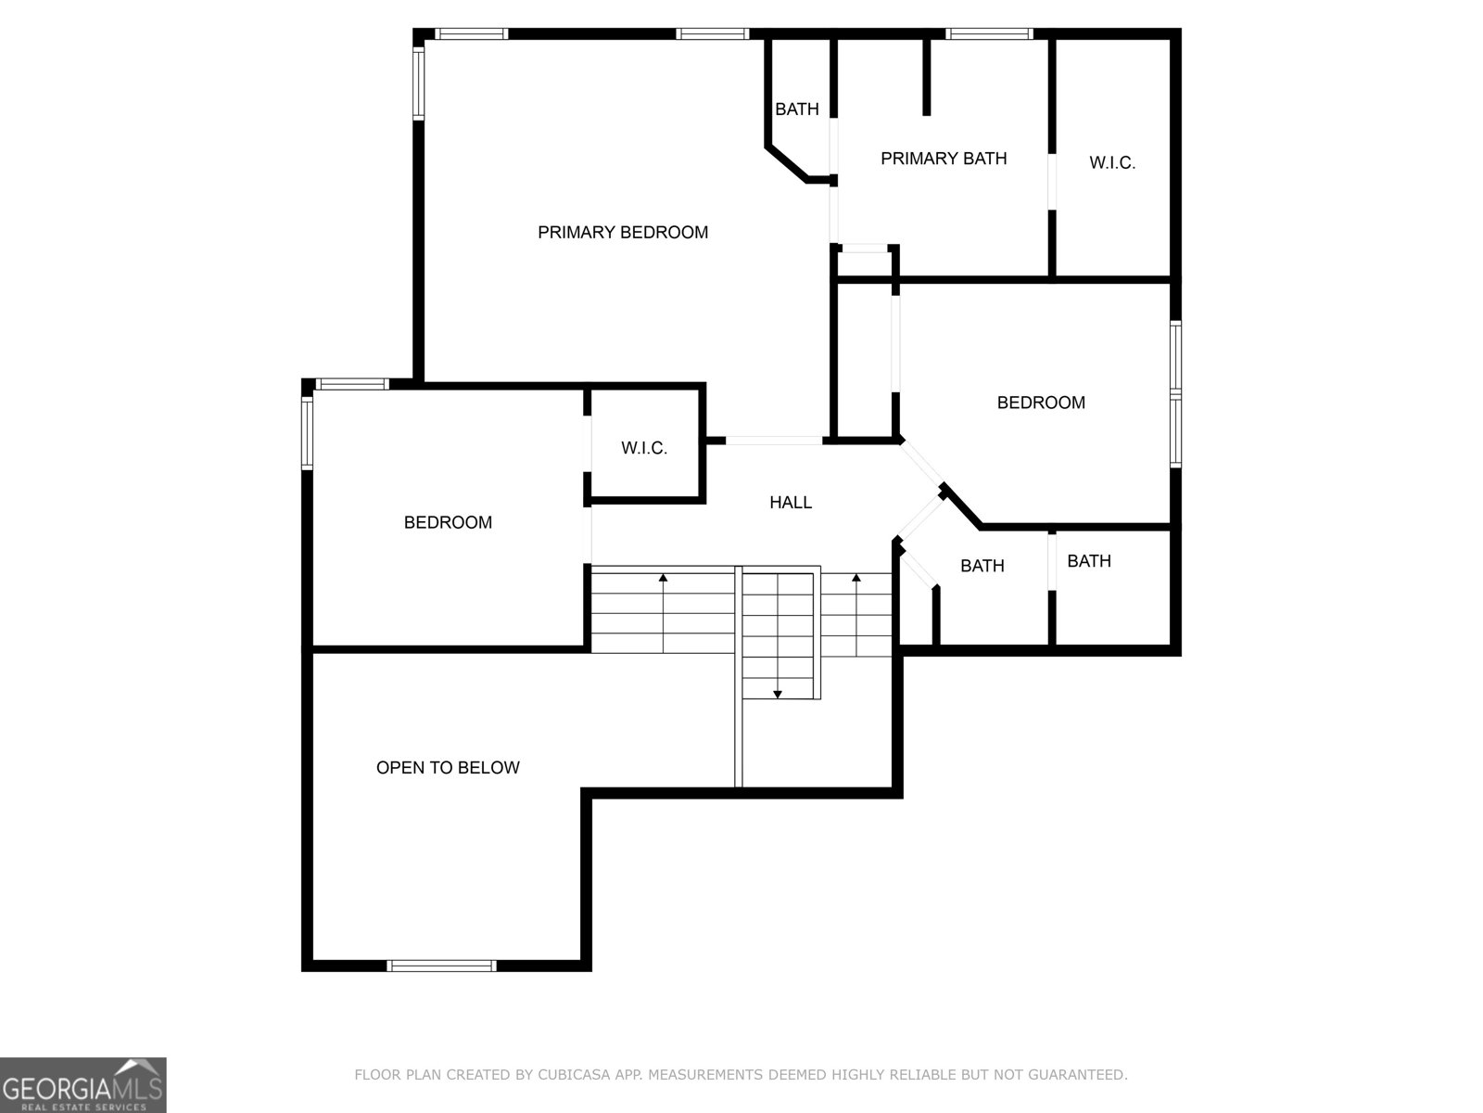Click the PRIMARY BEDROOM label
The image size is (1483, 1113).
click(x=623, y=232)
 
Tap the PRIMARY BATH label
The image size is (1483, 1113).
click(x=944, y=159)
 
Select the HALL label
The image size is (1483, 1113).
click(x=791, y=503)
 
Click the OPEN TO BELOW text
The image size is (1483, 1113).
click(x=448, y=767)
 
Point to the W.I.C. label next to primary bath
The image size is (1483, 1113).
click(x=1112, y=163)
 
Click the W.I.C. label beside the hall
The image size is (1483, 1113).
click(x=644, y=448)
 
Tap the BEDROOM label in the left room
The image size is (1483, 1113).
click(x=448, y=522)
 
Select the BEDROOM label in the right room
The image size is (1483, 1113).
click(x=1041, y=403)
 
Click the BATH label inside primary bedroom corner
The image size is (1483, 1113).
click(x=797, y=109)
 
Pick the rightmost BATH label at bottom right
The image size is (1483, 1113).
click(x=1089, y=561)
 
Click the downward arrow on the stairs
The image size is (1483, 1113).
click(x=778, y=693)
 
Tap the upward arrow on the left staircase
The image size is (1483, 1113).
click(x=664, y=579)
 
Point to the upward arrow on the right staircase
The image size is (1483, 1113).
click(x=856, y=579)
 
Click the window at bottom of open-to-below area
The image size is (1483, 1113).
click(x=441, y=966)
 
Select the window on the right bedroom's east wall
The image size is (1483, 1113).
click(x=1175, y=394)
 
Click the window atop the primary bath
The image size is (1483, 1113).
click(x=989, y=34)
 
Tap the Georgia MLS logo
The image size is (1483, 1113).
click(x=82, y=1084)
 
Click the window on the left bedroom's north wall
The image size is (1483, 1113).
click(x=352, y=384)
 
